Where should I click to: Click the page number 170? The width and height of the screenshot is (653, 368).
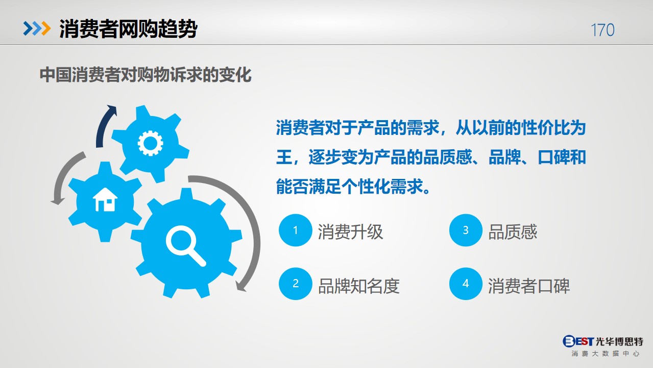click(x=602, y=30)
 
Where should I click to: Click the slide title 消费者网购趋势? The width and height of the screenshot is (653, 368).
click(x=128, y=29)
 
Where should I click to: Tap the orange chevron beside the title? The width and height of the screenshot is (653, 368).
click(x=46, y=28)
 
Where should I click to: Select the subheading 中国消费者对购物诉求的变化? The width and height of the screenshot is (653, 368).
click(x=145, y=75)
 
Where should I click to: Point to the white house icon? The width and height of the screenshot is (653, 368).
click(x=105, y=199)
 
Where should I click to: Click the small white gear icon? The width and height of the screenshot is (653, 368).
click(x=150, y=143)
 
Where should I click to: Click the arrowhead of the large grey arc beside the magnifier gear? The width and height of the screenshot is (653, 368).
click(x=241, y=286)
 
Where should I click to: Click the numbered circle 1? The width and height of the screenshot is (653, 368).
click(x=295, y=230)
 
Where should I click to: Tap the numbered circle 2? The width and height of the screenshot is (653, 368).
click(x=295, y=284)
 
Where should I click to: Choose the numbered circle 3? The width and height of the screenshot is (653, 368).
click(x=466, y=230)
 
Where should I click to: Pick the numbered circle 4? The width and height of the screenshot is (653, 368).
click(x=466, y=284)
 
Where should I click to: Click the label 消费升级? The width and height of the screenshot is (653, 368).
click(x=350, y=232)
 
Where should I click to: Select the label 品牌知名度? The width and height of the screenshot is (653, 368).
click(x=358, y=286)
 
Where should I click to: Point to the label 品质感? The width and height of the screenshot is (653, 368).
click(x=513, y=232)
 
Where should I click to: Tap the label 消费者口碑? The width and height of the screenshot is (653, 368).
click(x=529, y=286)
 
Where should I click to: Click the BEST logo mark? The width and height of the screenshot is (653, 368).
click(x=578, y=341)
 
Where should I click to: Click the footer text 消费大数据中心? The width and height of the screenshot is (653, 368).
click(x=605, y=354)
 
